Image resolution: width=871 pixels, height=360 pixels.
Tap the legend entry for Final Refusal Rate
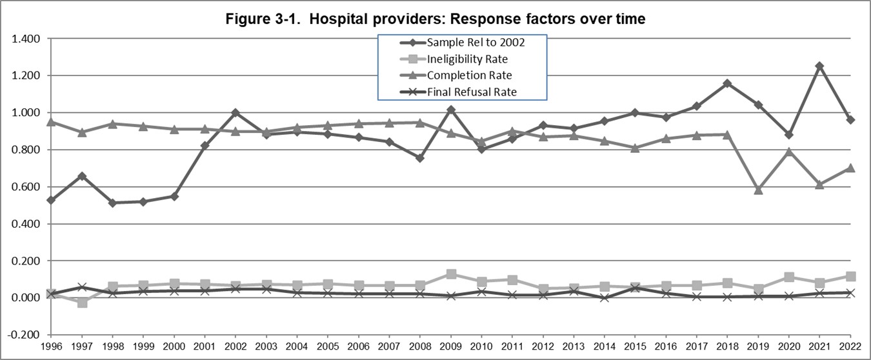coord(472,92)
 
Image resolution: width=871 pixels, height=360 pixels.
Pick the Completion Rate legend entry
coord(469,75)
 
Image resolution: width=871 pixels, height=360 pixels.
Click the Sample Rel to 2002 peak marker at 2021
coord(820,66)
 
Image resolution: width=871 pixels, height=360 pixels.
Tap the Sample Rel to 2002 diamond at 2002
coord(235,113)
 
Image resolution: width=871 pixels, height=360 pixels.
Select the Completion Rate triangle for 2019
coord(759,190)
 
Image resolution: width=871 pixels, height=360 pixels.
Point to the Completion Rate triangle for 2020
coord(789,152)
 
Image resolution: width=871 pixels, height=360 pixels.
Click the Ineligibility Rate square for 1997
coord(81,302)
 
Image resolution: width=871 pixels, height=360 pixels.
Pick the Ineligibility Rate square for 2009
coord(452,274)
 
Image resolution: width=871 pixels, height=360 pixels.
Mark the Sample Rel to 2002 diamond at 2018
coord(728,83)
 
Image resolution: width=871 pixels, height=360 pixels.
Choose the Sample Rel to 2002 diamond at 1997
coord(81,176)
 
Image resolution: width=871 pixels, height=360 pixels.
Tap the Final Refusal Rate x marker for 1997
coord(81,287)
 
